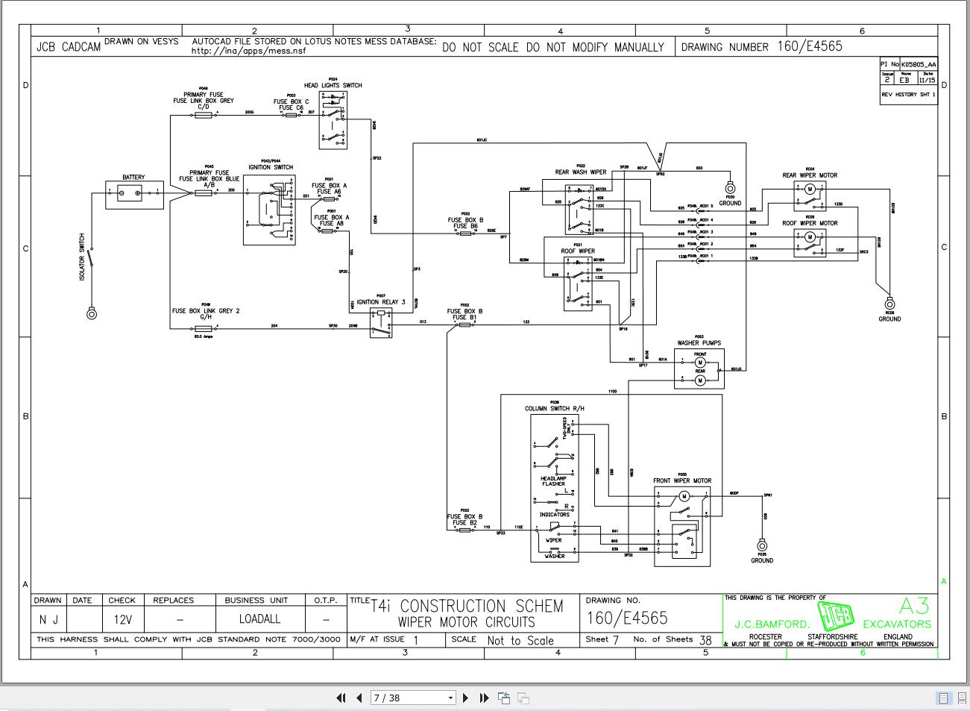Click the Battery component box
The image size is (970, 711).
coord(133,195)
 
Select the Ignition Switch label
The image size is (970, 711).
coord(271,167)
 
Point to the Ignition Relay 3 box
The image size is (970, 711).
coord(381,322)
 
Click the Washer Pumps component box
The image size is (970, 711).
coord(699,369)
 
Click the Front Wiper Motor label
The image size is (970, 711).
coord(682,480)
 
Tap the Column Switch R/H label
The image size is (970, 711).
coord(555,408)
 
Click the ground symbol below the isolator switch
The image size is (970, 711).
coord(92,314)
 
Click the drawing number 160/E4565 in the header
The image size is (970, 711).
coord(810,46)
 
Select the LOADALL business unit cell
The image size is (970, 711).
coord(260,618)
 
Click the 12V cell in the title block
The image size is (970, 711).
coord(122,618)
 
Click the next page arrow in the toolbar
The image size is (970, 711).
coord(466,698)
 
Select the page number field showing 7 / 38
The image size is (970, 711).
coord(413,698)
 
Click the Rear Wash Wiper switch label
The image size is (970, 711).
coord(581,172)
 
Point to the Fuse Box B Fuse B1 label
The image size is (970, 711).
coord(465,314)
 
